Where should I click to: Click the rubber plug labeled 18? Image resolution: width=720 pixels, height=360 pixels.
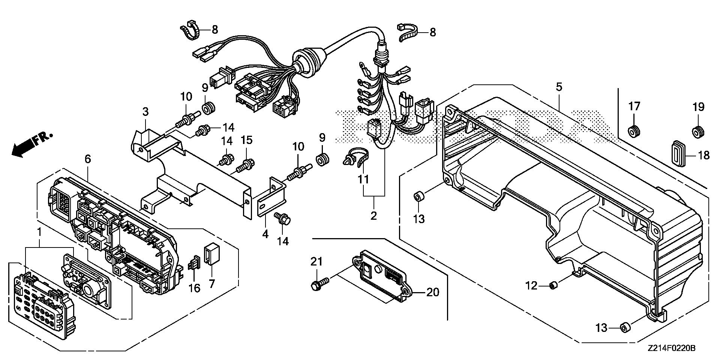[x=679, y=153]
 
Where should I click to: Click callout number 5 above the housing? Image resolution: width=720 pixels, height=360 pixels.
[x=559, y=88]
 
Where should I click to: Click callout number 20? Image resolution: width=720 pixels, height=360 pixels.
[x=433, y=292]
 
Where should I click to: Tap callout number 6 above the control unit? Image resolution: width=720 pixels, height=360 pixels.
[x=87, y=159]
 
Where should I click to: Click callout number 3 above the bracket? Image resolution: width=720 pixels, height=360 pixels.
[x=145, y=112]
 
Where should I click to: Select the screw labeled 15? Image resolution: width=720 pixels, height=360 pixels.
[x=248, y=164]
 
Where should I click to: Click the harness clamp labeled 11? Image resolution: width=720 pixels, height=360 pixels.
[x=355, y=157]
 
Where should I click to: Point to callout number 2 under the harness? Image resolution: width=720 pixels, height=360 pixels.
[x=373, y=216]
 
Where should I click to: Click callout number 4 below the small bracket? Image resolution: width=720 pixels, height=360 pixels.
[x=265, y=234]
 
